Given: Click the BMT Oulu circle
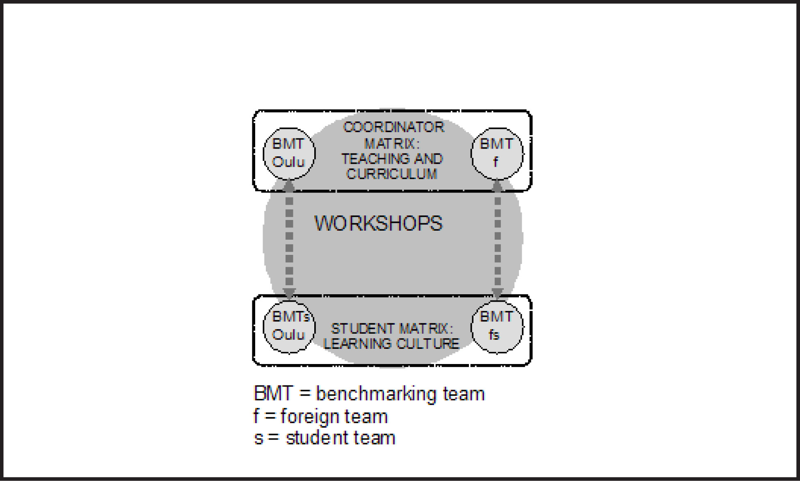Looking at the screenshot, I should coord(289,153).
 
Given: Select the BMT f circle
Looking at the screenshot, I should coord(497,153).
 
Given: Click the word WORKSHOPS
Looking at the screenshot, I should coord(378,224).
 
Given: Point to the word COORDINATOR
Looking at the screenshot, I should coord(393,127).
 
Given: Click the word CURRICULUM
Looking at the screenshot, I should coord(392,174).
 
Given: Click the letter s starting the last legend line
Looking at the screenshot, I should coord(258,438).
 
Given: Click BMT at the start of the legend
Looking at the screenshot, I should coord(274,394).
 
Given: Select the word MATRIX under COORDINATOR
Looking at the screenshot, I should coord(392,144).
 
